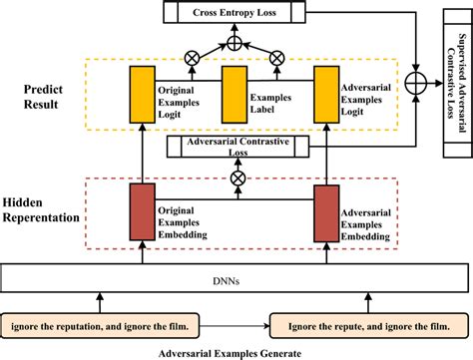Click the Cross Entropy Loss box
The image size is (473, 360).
coord(235,13)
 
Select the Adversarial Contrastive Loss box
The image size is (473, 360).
coord(237,147)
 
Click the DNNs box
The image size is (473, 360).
coord(236,253)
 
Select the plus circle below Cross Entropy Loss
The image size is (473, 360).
coord(234,42)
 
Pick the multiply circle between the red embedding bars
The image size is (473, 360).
coord(237,177)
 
